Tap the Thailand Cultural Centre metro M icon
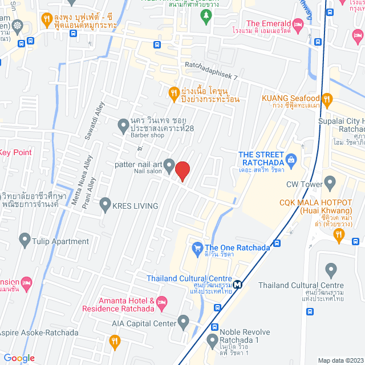pyautogui.click(x=237, y=283)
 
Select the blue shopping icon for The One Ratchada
pyautogui.click(x=197, y=248)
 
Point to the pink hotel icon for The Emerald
pyautogui.click(x=298, y=24)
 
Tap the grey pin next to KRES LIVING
pyautogui.click(x=104, y=204)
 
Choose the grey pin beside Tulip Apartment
pyautogui.click(x=25, y=241)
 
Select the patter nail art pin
pyautogui.click(x=169, y=165)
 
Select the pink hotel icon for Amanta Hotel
pyautogui.click(x=161, y=301)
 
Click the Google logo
pyautogui.click(x=19, y=358)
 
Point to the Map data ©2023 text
pyautogui.click(x=340, y=360)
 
